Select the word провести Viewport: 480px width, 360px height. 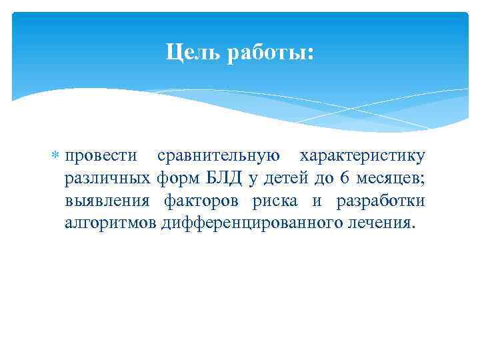tap(101, 157)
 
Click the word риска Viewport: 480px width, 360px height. tap(275, 201)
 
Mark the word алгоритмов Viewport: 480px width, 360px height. tap(111, 223)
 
